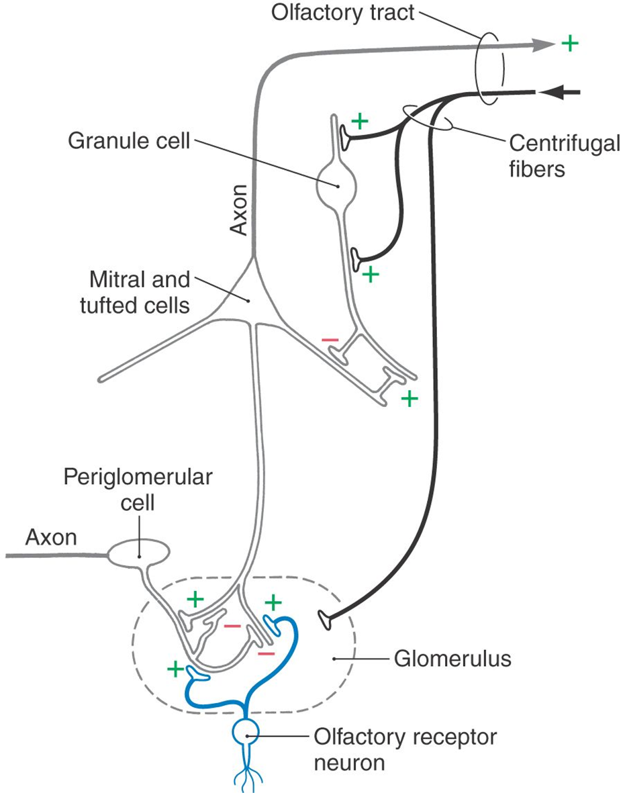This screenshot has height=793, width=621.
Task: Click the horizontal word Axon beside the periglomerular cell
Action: click(x=51, y=537)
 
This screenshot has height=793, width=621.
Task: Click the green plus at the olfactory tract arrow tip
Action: click(x=569, y=44)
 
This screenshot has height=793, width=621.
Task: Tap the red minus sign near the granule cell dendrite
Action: click(x=330, y=340)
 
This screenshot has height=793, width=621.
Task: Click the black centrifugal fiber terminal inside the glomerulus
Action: click(x=326, y=621)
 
